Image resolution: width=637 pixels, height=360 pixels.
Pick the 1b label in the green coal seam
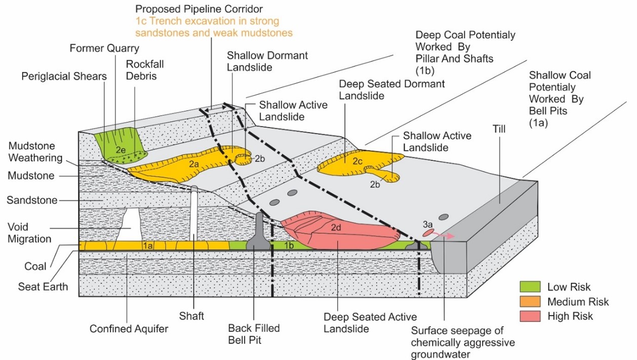289,246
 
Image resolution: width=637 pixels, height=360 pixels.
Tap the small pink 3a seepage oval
428,232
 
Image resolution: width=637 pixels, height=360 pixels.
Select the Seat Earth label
43,287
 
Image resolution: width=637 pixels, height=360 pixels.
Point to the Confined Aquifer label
129,329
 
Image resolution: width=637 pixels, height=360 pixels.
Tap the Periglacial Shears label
64,76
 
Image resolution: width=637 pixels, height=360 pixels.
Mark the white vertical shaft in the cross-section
194,213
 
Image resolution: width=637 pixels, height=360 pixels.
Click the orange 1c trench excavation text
207,27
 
